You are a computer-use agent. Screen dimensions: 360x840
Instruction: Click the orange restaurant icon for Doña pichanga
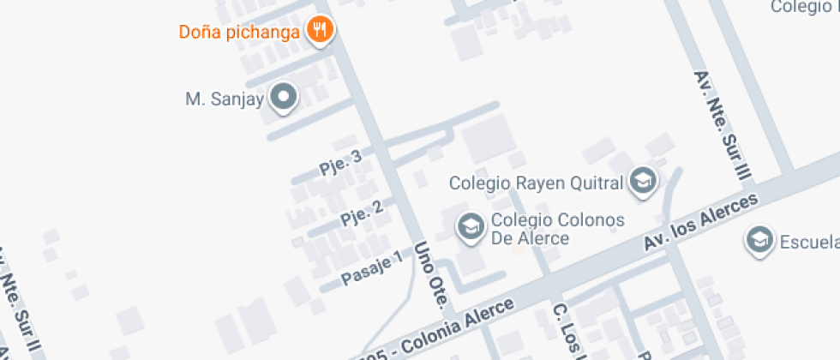321,32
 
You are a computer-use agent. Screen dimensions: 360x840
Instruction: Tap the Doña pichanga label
239,33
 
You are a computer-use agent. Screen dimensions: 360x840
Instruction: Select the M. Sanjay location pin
283,98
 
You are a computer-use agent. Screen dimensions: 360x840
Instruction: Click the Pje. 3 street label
340,162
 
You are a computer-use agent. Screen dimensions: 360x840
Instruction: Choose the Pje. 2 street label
361,213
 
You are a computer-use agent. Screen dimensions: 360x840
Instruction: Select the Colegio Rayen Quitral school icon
642,181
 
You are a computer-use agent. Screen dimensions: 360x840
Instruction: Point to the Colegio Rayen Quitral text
537,183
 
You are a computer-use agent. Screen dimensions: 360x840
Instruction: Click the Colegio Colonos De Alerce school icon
469,226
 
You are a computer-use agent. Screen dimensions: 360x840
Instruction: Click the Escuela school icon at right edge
759,241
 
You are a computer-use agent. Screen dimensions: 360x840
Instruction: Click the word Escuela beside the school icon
808,242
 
